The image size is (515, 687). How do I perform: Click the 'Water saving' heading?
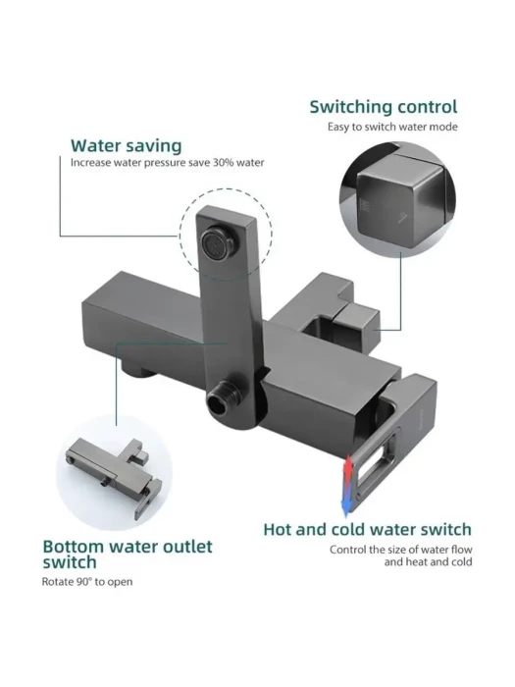tap(127, 146)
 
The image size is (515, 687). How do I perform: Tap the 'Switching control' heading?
tap(384, 107)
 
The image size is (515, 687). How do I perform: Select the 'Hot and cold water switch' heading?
tap(367, 530)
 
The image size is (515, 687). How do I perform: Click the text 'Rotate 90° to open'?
tap(87, 582)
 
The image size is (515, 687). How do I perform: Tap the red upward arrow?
tap(347, 470)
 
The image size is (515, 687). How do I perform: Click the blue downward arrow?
tap(347, 500)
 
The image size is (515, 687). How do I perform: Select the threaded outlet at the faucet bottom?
tap(223, 397)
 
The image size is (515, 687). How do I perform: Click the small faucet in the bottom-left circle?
tap(115, 476)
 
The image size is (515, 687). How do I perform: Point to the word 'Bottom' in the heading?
tap(74, 547)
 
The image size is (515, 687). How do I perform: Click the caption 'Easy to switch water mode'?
tap(392, 127)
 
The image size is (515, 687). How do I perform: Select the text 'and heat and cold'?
tap(428, 562)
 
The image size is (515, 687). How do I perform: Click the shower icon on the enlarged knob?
tap(364, 207)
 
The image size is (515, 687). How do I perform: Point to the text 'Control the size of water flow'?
tap(400, 550)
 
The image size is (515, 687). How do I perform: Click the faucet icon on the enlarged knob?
tap(403, 218)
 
